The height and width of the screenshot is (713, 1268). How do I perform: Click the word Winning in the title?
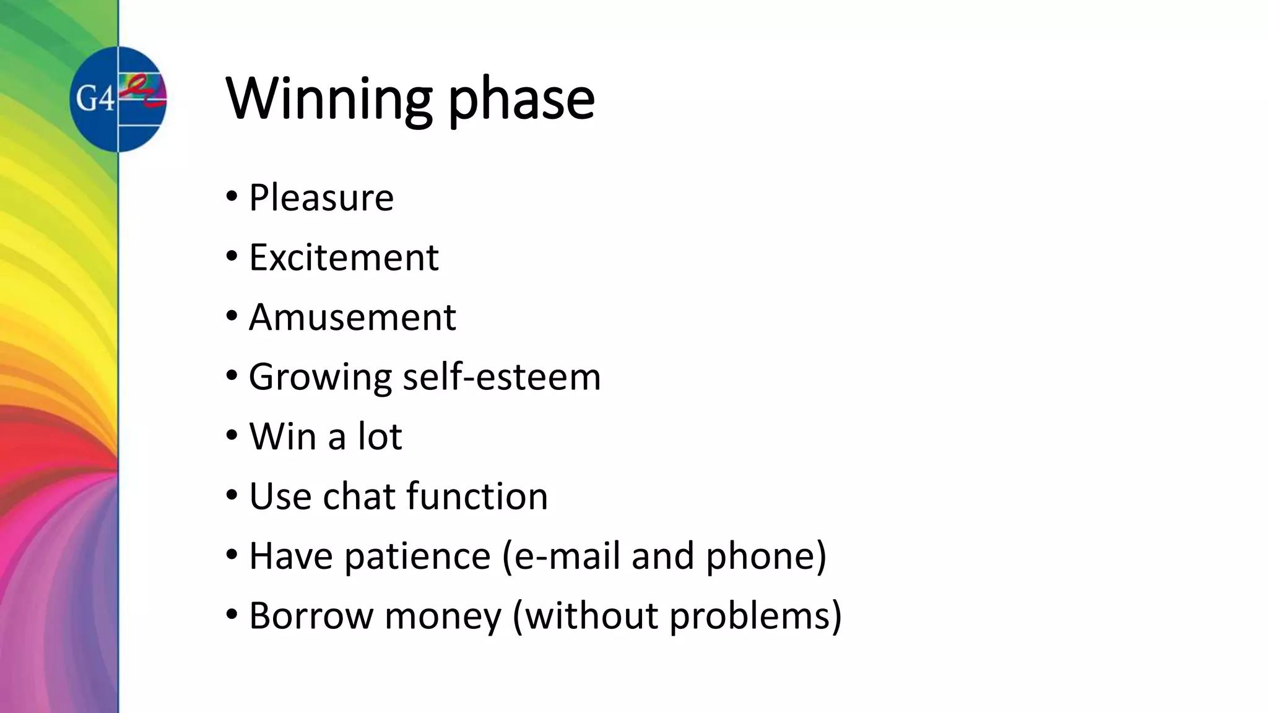point(329,99)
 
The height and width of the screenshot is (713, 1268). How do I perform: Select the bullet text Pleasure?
point(321,198)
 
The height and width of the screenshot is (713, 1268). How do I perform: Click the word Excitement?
point(344,257)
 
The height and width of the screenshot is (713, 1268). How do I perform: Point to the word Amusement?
point(352,318)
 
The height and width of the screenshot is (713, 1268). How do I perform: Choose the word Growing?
point(320,378)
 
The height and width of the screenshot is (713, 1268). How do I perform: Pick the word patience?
point(417,556)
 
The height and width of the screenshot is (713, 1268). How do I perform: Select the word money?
point(443,616)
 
